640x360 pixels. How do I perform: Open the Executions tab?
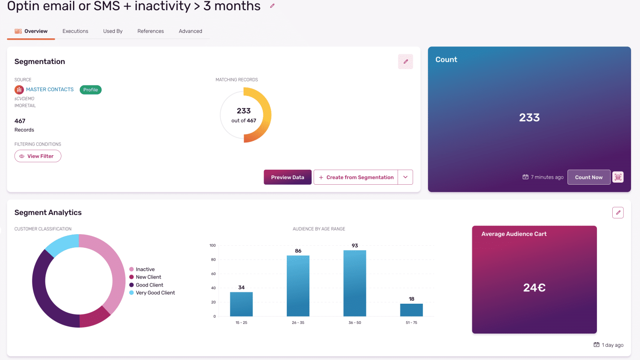point(75,31)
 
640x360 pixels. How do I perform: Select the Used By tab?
point(113,31)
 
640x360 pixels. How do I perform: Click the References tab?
point(151,31)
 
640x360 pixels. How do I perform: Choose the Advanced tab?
point(190,31)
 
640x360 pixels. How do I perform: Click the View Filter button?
point(38,156)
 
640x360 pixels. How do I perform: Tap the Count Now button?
point(589,177)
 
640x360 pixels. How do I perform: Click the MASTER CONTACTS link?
point(49,90)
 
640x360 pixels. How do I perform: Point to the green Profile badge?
point(90,90)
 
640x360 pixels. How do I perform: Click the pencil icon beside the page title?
point(272,6)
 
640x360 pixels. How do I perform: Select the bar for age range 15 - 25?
point(241,304)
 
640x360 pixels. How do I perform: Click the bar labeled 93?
point(355,283)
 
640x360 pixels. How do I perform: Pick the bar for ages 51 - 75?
point(411,310)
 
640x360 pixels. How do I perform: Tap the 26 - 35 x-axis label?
point(298,323)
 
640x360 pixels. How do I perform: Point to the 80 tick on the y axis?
point(213,260)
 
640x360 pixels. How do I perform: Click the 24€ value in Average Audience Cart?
point(534,288)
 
